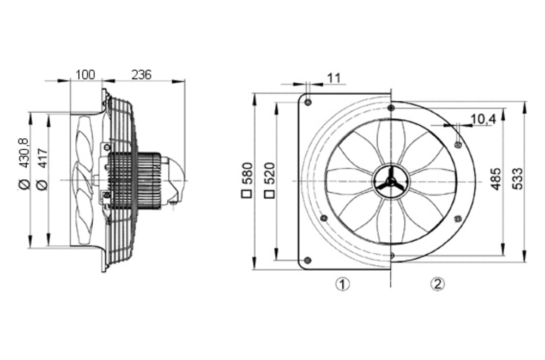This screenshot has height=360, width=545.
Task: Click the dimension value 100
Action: tap(86, 75)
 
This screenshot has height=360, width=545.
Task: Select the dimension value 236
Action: tap(142, 75)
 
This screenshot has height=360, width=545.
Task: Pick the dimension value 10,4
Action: tap(482, 119)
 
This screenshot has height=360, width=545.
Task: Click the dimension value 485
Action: tap(496, 178)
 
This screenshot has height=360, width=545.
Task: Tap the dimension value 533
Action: tap(518, 178)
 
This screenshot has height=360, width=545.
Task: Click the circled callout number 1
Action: tap(342, 284)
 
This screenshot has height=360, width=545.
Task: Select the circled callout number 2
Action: tap(438, 284)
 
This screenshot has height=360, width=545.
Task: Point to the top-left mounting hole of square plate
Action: tap(308, 102)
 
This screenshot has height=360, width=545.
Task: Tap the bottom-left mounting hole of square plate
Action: tap(307, 260)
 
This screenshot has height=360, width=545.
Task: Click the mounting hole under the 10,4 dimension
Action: tap(457, 144)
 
